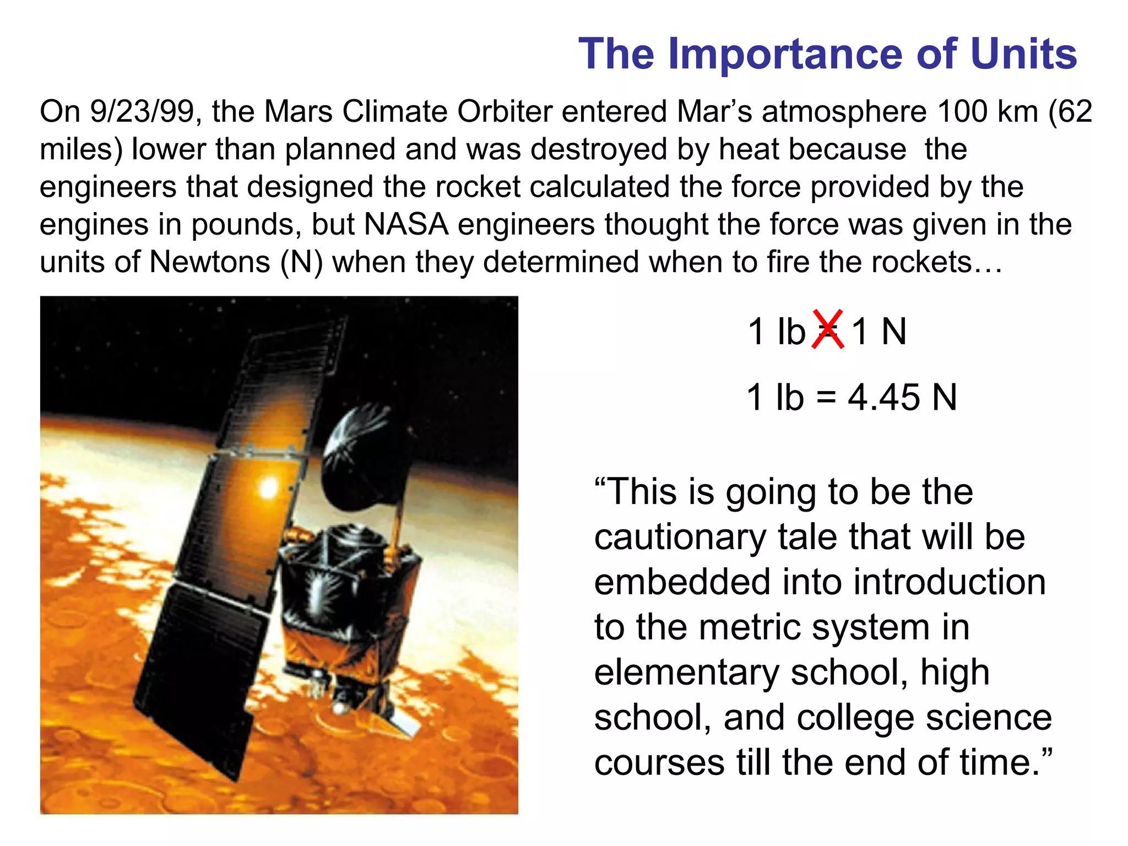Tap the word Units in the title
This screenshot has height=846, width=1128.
click(1023, 54)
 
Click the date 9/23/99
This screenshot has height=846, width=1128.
click(142, 112)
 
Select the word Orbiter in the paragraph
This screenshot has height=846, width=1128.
click(504, 112)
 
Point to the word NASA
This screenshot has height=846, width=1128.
click(406, 225)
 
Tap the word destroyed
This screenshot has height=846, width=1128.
click(599, 150)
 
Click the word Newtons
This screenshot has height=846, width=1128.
click(210, 262)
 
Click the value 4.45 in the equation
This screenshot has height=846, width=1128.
click(883, 397)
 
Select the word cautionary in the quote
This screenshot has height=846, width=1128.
click(680, 538)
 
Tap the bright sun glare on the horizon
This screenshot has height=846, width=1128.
click(269, 487)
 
